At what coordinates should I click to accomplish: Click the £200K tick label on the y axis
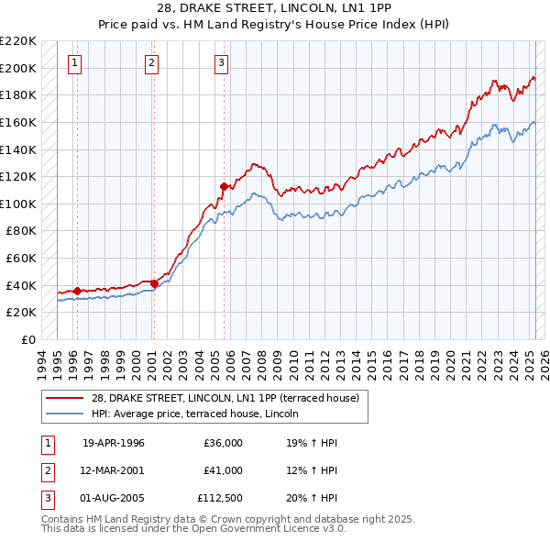click(18, 68)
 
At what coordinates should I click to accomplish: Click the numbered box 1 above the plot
click(73, 63)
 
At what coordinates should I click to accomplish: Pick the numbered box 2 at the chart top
click(150, 63)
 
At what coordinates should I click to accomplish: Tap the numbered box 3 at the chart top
click(221, 63)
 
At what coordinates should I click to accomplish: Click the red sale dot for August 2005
click(224, 186)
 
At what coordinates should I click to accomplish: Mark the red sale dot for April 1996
click(77, 291)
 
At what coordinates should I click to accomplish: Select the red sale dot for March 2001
click(154, 284)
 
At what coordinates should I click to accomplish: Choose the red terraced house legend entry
click(229, 398)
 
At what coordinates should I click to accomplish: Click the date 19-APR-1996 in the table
click(114, 443)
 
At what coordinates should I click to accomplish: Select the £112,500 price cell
click(220, 498)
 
